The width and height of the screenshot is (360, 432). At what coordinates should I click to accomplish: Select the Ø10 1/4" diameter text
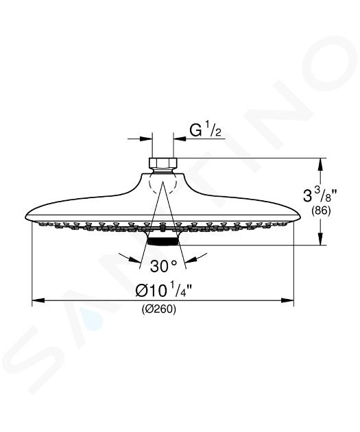(x=163, y=290)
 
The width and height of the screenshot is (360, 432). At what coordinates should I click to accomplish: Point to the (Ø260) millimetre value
(x=159, y=309)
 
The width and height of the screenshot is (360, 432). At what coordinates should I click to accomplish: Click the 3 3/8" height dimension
(x=320, y=196)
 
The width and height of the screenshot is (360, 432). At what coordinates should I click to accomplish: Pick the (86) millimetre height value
(x=321, y=211)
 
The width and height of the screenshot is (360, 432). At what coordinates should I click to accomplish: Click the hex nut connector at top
(x=163, y=163)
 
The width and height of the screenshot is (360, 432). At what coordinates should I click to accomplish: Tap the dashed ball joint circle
(x=163, y=182)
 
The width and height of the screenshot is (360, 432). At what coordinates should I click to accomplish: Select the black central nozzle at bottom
(x=163, y=241)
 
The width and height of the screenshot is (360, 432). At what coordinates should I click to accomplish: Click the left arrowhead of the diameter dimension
(x=38, y=300)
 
